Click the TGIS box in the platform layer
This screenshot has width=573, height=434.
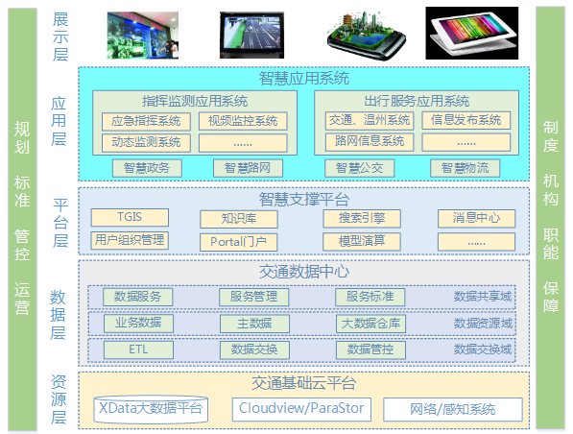pyautogui.click(x=130, y=217)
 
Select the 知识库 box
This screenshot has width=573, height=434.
pyautogui.click(x=239, y=219)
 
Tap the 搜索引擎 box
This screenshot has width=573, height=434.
pyautogui.click(x=362, y=218)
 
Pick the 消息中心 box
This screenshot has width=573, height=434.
pyautogui.click(x=476, y=218)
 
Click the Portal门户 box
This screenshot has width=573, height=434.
pyautogui.click(x=238, y=242)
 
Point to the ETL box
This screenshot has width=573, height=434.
pyautogui.click(x=138, y=350)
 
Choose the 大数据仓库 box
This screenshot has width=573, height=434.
pyautogui.click(x=370, y=324)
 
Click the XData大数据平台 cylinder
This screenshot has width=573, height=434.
pyautogui.click(x=151, y=409)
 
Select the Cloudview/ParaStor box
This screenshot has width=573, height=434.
pyautogui.click(x=301, y=409)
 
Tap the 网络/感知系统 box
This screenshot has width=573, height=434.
pyautogui.click(x=453, y=409)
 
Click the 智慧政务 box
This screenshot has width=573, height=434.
pyautogui.click(x=147, y=168)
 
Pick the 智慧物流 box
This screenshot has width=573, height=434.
pyautogui.click(x=465, y=168)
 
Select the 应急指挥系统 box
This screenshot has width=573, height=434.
pyautogui.click(x=146, y=121)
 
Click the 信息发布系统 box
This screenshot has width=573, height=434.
pyautogui.click(x=466, y=120)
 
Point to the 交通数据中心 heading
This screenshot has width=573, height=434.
pyautogui.click(x=304, y=272)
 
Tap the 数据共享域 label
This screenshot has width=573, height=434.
pyautogui.click(x=483, y=297)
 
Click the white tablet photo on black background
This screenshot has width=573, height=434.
pyautogui.click(x=472, y=33)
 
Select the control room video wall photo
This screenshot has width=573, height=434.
pyautogui.click(x=143, y=36)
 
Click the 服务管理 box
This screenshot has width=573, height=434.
pyautogui.click(x=254, y=297)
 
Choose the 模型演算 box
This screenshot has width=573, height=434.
pyautogui.click(x=362, y=241)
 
